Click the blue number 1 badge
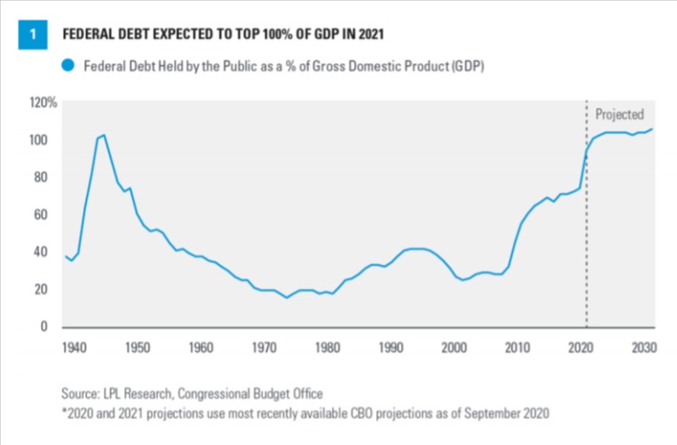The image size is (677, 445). click(32, 34)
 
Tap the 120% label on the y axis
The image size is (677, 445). click(43, 104)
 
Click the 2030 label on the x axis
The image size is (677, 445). click(642, 346)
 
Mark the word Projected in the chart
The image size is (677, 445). click(619, 114)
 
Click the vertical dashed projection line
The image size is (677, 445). click(586, 230)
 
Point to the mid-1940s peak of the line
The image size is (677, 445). click(104, 135)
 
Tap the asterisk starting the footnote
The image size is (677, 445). click(63, 412)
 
